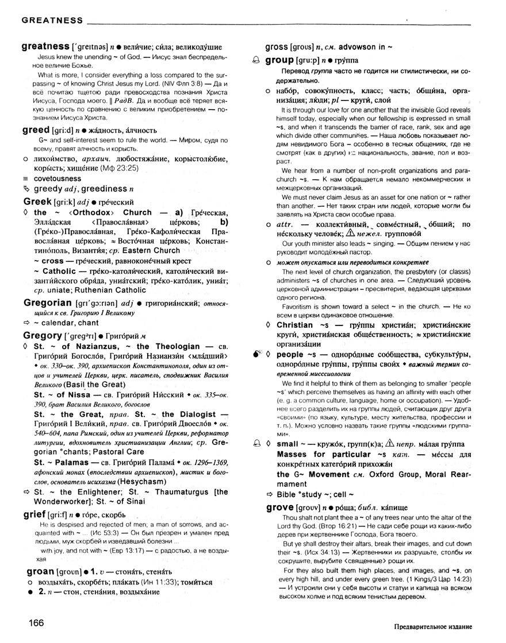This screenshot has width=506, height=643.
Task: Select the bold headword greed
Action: pyautogui.click(x=36, y=130)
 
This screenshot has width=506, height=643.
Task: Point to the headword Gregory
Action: pyautogui.click(x=42, y=335)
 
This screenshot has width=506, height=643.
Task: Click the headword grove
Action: pyautogui.click(x=282, y=508)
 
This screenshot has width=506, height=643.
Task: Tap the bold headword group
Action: pyautogui.click(x=283, y=60)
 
